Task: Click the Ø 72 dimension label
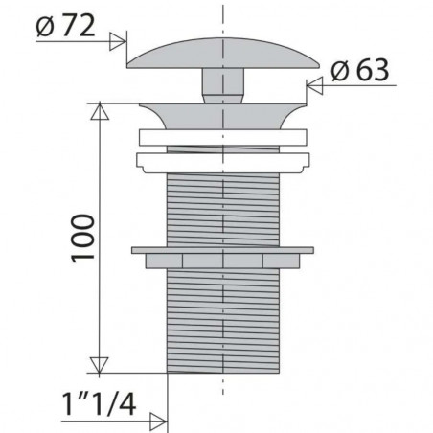click(x=65, y=26)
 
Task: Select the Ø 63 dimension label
click(x=360, y=70)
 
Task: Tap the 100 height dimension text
click(x=83, y=239)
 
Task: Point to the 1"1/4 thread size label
click(x=99, y=404)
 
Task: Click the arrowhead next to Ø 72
click(x=118, y=41)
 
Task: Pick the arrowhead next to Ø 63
click(x=315, y=85)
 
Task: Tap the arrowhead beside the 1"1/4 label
click(x=158, y=422)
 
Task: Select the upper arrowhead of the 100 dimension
click(x=100, y=111)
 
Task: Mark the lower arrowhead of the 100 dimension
click(x=100, y=365)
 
